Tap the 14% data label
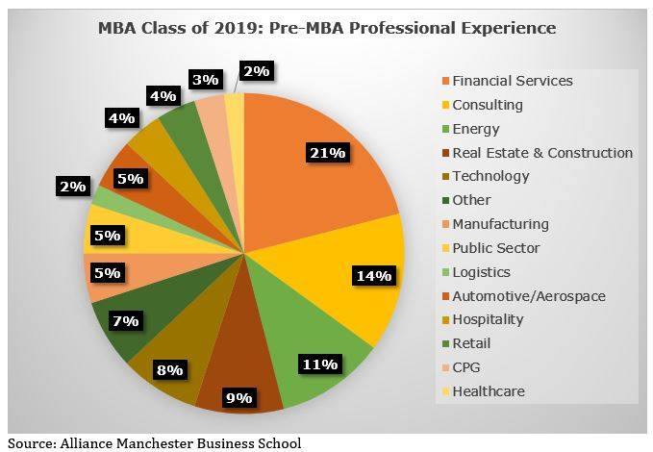pos(374,276)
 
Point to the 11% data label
pos(318,364)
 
